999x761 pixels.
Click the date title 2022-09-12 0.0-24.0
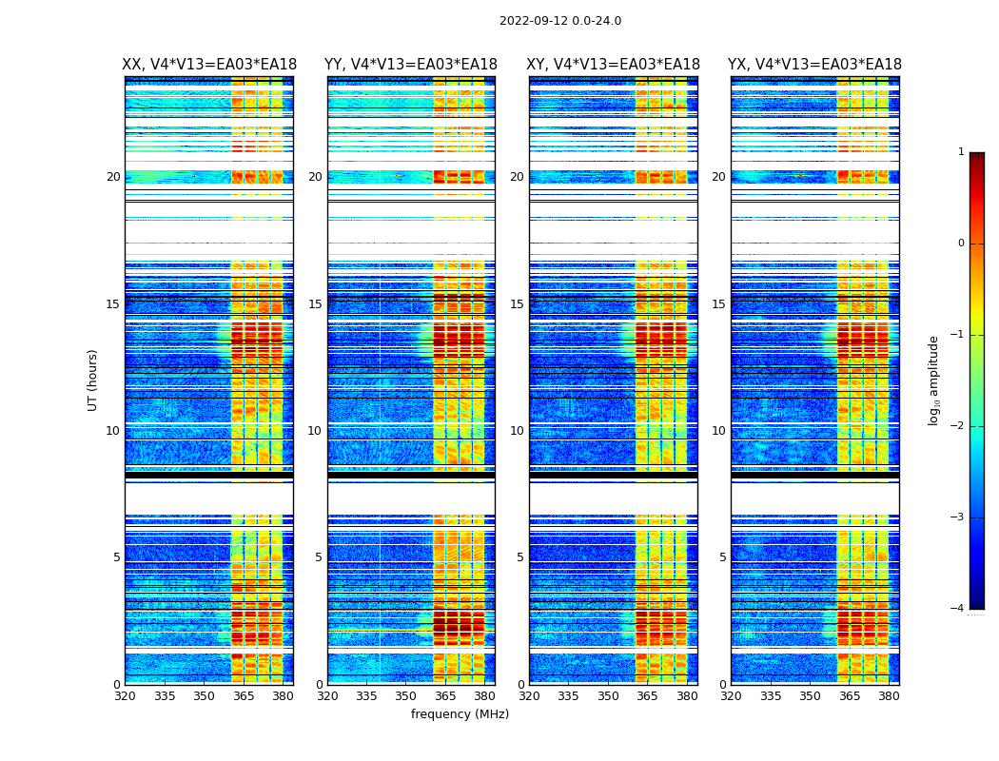tap(560, 21)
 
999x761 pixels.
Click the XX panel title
tap(209, 65)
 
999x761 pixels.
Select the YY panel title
tap(411, 65)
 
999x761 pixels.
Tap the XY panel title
tap(614, 65)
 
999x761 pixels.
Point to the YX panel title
tap(814, 65)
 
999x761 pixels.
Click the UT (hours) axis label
tap(93, 380)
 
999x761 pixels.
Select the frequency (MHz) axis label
tap(460, 714)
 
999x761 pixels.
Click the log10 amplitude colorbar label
tap(934, 380)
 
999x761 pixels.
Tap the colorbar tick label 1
tap(961, 152)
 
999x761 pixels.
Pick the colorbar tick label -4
tap(958, 609)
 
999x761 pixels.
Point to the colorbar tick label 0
tap(961, 244)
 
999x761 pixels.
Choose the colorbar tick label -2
tap(958, 426)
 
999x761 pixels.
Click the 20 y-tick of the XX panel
tap(113, 177)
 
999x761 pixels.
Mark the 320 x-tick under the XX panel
tap(125, 696)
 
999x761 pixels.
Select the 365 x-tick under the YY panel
tap(445, 696)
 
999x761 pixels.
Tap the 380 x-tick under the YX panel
tap(889, 696)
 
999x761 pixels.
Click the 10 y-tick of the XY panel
tap(517, 431)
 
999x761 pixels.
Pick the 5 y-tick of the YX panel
tap(723, 557)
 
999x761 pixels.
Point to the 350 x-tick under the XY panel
tap(608, 696)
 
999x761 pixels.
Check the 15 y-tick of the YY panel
tap(315, 304)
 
